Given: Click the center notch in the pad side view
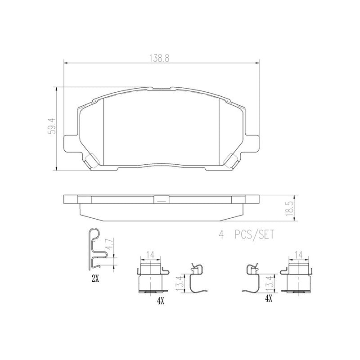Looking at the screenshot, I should pos(161,200).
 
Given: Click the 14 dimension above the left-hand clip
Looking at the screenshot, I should pos(151,255).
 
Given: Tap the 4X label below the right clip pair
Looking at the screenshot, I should pos(269,298).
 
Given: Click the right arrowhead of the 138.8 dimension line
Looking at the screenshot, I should pos(257,63).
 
